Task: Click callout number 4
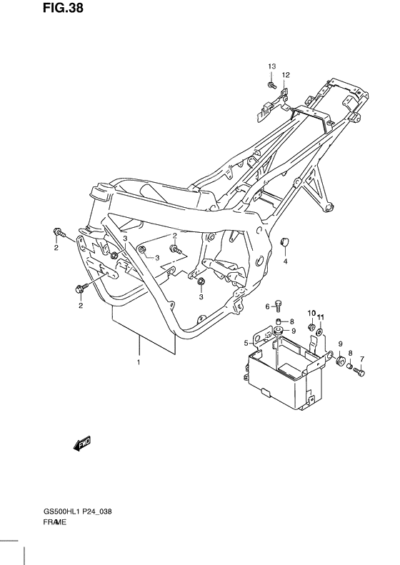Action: pyautogui.click(x=284, y=261)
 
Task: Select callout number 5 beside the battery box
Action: pyautogui.click(x=245, y=342)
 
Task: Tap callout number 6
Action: pyautogui.click(x=268, y=306)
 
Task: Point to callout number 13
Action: pyautogui.click(x=271, y=66)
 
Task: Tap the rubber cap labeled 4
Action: pyautogui.click(x=285, y=243)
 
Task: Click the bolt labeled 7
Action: pyautogui.click(x=361, y=372)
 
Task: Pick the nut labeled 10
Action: pyautogui.click(x=311, y=327)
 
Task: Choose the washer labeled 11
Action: pyautogui.click(x=321, y=330)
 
